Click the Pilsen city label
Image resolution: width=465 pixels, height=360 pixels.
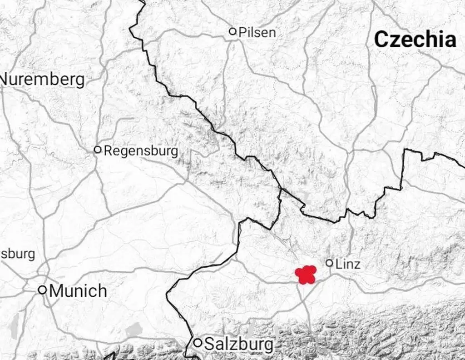coord(257,32)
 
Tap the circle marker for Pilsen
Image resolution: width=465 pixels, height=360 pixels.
coord(233,31)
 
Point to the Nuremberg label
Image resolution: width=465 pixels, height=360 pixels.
coord(43,80)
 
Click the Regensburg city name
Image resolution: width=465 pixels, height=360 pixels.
coord(141,151)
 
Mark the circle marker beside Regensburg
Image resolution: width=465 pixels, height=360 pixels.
coord(97,150)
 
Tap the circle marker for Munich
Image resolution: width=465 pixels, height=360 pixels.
coord(42,290)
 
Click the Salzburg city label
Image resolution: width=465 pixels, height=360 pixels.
coord(239,344)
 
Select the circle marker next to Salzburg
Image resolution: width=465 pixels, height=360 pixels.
coord(198,343)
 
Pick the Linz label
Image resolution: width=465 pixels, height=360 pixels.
coord(348,264)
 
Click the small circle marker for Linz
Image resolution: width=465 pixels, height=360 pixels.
coord(330,263)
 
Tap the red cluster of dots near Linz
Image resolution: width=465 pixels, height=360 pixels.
coord(306,275)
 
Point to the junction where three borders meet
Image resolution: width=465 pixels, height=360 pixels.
coord(280,189)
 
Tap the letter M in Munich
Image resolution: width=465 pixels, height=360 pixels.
coord(56,290)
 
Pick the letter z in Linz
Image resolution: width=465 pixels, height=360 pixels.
coord(356,264)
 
